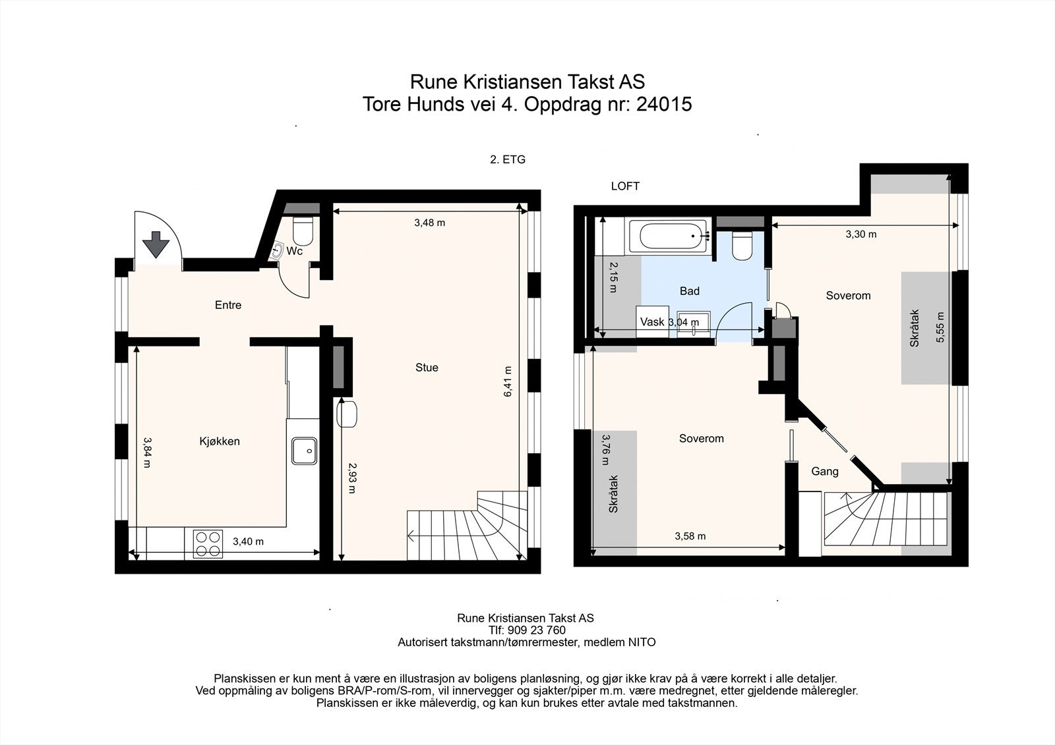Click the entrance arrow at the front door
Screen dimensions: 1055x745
coord(156,244)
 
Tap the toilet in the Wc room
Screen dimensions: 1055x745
coord(303,231)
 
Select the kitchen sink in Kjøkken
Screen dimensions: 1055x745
coord(304,451)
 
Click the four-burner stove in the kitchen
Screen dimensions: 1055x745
coord(208,543)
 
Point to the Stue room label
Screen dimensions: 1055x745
coord(427,368)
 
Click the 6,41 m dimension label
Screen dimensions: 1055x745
coord(508,381)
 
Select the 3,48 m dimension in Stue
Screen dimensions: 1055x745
coord(429,223)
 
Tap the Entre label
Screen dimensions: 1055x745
coord(228,305)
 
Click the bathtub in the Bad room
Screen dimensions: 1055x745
coord(668,236)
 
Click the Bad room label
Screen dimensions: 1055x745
coord(690,291)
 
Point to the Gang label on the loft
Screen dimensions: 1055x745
coord(825,472)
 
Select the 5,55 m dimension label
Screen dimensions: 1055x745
coord(940,327)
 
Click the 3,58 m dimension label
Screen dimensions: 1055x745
coord(690,536)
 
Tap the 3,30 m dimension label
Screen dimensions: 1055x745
coord(861,235)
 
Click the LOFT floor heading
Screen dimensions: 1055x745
coord(625,186)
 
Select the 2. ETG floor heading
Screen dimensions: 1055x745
coord(508,159)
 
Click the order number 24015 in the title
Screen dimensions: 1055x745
coord(664,104)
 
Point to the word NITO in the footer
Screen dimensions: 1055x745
coord(642,642)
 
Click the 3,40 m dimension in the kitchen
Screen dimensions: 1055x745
coord(248,541)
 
